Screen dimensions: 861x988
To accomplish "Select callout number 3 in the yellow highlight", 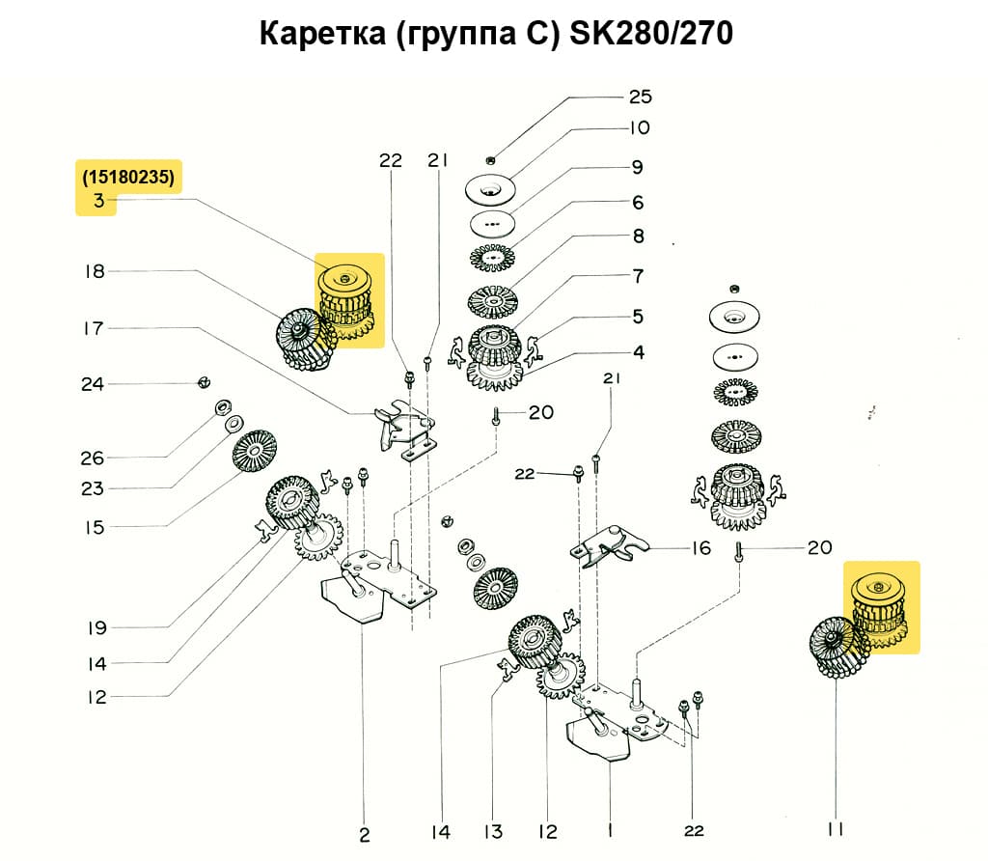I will pos(97,201).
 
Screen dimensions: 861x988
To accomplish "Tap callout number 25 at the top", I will pos(640,97).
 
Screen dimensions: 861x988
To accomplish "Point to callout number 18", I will pos(94,272).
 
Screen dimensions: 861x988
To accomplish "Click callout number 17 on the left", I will pos(93,328).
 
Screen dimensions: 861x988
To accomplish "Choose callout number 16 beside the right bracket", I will pos(700,548).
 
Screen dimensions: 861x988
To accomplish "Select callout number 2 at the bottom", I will pos(364,833).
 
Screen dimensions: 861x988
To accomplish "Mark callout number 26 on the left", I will pos(93,458).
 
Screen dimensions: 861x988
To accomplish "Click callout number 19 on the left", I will pos(95,628).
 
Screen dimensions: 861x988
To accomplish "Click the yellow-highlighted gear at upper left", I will pos(350,299).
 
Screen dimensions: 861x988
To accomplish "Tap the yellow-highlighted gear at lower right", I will pos(883,608).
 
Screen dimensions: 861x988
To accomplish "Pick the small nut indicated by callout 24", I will pos(203,382).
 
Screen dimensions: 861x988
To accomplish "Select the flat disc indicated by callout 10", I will pos(494,190).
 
